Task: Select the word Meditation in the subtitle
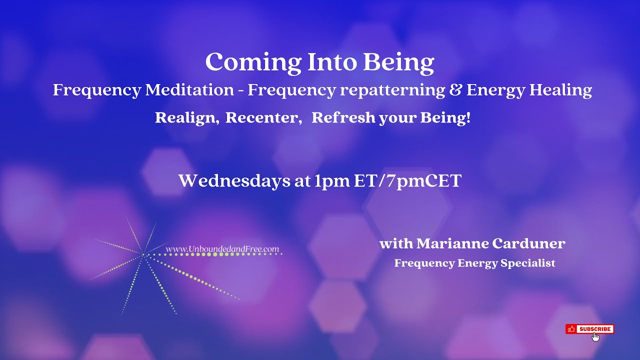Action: pyautogui.click(x=189, y=90)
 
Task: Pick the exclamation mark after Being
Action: pyautogui.click(x=468, y=118)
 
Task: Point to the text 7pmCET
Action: pyautogui.click(x=422, y=180)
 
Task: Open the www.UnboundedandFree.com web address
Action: pyautogui.click(x=222, y=249)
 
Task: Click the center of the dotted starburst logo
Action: pyautogui.click(x=143, y=255)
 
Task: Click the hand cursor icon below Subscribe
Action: pyautogui.click(x=595, y=336)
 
